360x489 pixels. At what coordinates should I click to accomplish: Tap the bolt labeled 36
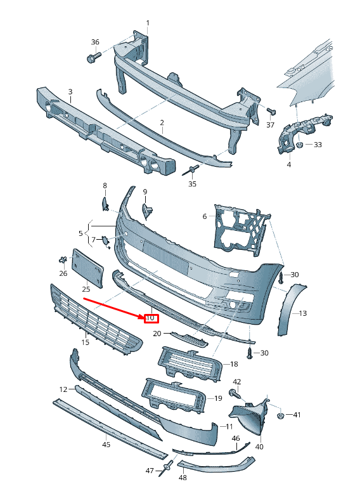click(x=91, y=59)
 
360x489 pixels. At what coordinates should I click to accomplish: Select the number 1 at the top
click(x=148, y=23)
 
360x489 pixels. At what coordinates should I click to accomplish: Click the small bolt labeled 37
click(x=271, y=112)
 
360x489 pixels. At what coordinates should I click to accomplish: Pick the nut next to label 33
click(x=298, y=145)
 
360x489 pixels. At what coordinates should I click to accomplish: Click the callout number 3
click(x=70, y=91)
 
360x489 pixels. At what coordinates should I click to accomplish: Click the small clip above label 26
click(x=63, y=259)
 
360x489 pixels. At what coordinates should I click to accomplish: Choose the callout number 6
click(x=205, y=216)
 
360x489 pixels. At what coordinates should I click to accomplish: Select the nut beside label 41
click(x=280, y=415)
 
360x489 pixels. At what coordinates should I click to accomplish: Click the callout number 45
click(x=106, y=445)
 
